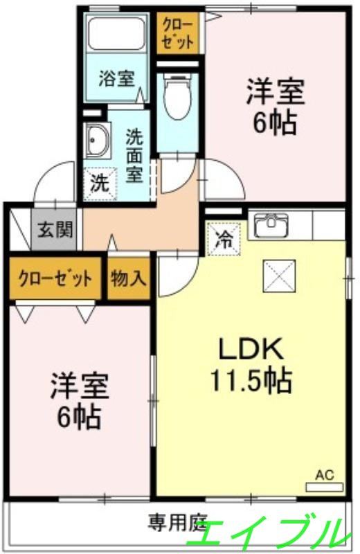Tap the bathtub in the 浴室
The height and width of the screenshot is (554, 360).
[115, 34]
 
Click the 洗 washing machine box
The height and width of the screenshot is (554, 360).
[99, 184]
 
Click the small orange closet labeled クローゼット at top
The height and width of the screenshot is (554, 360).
[179, 32]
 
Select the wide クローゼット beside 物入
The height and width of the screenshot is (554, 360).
[55, 278]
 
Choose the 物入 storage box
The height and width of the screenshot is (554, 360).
[129, 278]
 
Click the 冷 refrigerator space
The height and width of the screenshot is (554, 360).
[225, 239]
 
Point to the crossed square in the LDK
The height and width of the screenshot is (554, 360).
[280, 276]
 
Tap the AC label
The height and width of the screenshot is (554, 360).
[325, 475]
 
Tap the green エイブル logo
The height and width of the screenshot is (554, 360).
[270, 533]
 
